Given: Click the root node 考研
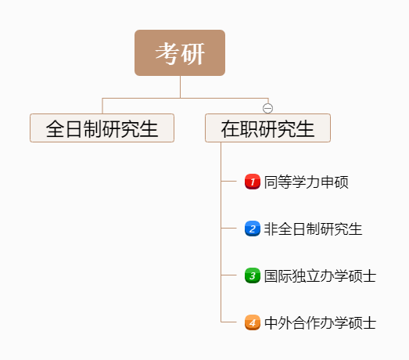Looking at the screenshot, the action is pyautogui.click(x=180, y=52).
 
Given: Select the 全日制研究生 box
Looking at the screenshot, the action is pyautogui.click(x=102, y=128).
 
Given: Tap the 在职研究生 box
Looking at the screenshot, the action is pyautogui.click(x=268, y=128).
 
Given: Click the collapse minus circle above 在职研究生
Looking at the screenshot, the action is pyautogui.click(x=268, y=108).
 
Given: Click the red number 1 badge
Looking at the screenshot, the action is pyautogui.click(x=253, y=182).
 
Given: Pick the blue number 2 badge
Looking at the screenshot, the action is pyautogui.click(x=253, y=229).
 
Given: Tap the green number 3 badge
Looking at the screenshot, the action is pyautogui.click(x=253, y=275).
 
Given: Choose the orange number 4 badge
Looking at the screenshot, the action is pyautogui.click(x=253, y=322).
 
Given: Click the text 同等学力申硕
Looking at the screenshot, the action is pyautogui.click(x=307, y=182).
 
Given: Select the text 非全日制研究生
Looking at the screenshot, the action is pyautogui.click(x=313, y=229).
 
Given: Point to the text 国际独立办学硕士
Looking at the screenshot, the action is pyautogui.click(x=320, y=275).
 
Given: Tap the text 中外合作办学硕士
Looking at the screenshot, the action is pyautogui.click(x=320, y=322).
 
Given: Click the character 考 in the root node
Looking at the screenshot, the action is pyautogui.click(x=167, y=53).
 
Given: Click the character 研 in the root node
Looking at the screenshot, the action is pyautogui.click(x=192, y=53).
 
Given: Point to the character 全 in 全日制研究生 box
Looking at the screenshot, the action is pyautogui.click(x=55, y=128).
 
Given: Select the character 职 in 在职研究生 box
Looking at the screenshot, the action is pyautogui.click(x=249, y=128).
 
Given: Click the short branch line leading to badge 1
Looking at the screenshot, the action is pyautogui.click(x=228, y=181).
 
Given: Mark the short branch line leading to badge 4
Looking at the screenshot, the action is pyautogui.click(x=228, y=322).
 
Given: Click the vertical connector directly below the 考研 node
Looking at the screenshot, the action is pyautogui.click(x=180, y=87).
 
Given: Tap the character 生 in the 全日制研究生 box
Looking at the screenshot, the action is pyautogui.click(x=149, y=128).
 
